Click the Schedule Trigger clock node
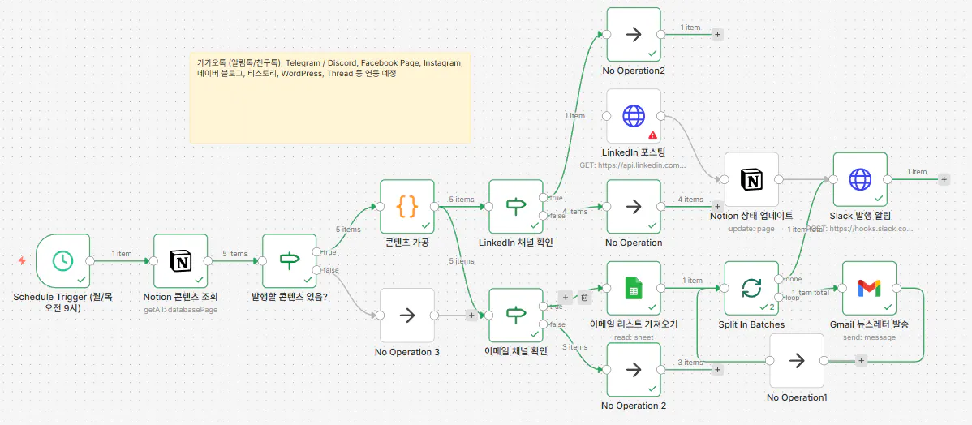[63, 260]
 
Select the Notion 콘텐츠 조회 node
[180, 260]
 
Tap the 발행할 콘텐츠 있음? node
[289, 260]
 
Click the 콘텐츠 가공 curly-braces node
[407, 206]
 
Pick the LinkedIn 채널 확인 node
[516, 206]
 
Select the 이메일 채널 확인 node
[516, 315]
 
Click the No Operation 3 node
[407, 315]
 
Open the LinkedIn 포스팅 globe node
[633, 116]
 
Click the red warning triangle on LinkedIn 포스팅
[652, 135]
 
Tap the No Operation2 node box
[633, 35]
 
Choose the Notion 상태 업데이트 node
[751, 179]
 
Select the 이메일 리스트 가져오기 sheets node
[633, 287]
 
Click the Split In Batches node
[751, 287]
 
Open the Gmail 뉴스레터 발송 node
[869, 287]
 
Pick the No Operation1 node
[797, 360]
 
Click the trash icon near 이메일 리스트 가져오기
[584, 298]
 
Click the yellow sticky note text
[329, 68]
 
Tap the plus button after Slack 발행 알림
[944, 179]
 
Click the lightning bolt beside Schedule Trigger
[22, 260]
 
